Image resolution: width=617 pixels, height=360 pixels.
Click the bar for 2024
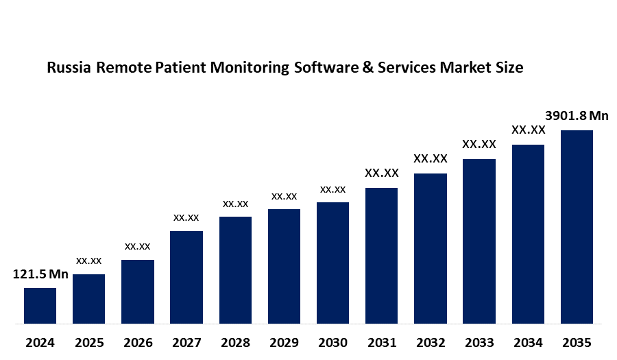point(40,306)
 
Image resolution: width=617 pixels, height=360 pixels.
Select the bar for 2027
point(186,277)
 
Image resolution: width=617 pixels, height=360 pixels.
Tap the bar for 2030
point(332,263)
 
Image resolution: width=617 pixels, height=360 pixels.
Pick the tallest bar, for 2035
point(577,226)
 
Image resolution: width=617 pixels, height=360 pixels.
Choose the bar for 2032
point(431,248)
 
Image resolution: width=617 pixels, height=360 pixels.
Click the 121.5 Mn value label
point(40,275)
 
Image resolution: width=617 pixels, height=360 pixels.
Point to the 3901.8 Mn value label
point(577,115)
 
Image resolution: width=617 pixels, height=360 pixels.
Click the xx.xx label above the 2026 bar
point(137,246)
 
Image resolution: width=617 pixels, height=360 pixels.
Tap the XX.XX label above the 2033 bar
point(479,145)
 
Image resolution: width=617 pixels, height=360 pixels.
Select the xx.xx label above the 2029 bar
point(284,196)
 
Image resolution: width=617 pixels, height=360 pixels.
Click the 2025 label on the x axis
point(88,342)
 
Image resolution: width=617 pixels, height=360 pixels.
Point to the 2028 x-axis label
point(235,342)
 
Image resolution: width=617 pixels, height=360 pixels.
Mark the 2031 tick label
point(381,342)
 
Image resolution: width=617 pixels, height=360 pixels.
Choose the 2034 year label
point(528,342)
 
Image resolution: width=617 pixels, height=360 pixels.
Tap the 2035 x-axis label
point(577,342)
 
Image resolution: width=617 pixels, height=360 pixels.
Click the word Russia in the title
point(69,68)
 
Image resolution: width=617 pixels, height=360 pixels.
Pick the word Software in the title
point(322,68)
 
